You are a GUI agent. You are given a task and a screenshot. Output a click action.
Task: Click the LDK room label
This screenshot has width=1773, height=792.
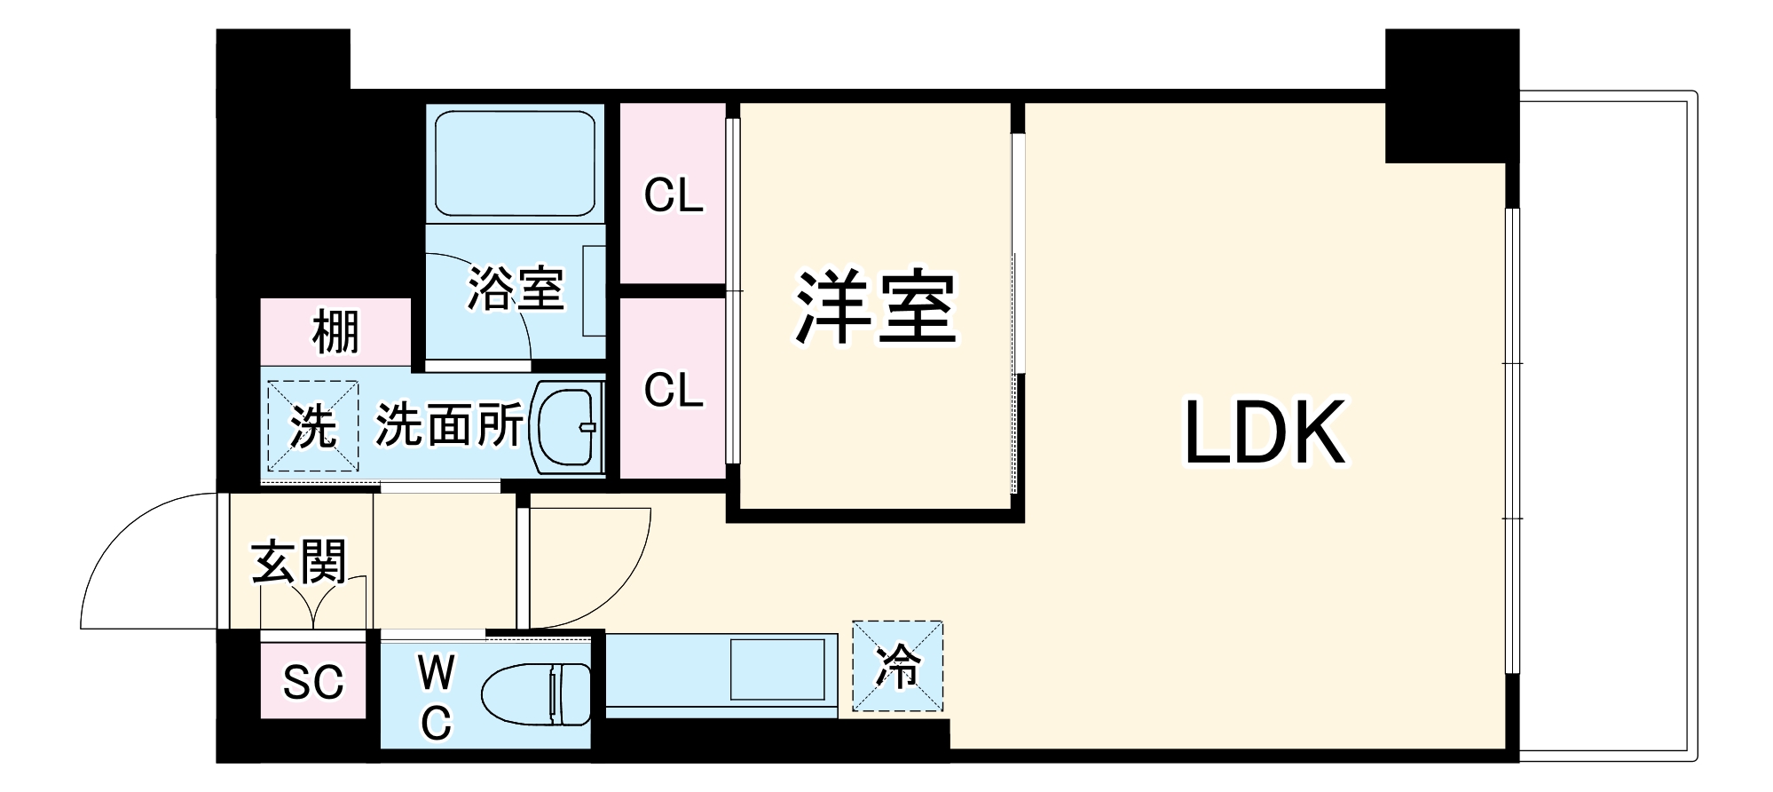pyautogui.click(x=1265, y=433)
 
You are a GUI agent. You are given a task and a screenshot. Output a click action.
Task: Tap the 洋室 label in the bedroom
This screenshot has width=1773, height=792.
pyautogui.click(x=875, y=307)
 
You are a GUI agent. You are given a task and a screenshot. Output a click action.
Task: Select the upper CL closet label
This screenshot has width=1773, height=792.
pyautogui.click(x=674, y=195)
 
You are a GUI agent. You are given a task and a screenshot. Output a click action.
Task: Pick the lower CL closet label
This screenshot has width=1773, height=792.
pyautogui.click(x=674, y=391)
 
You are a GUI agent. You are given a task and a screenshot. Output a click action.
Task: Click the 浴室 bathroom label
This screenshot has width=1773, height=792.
pyautogui.click(x=516, y=289)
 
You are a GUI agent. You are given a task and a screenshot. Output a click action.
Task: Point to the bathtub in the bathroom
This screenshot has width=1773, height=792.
pyautogui.click(x=515, y=162)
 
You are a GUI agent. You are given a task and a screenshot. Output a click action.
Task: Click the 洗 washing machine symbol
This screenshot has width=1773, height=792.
pyautogui.click(x=313, y=427)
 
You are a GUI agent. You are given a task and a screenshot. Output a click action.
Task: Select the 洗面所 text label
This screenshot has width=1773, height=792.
pyautogui.click(x=449, y=425)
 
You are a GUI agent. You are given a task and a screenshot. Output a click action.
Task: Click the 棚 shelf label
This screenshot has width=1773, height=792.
pyautogui.click(x=335, y=332)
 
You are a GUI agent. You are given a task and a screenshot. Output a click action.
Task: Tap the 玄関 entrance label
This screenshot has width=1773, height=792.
pyautogui.click(x=298, y=561)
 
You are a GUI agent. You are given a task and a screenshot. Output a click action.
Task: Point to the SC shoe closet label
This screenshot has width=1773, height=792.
pyautogui.click(x=313, y=682)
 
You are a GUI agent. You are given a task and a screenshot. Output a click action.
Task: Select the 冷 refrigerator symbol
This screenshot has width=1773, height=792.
pyautogui.click(x=897, y=666)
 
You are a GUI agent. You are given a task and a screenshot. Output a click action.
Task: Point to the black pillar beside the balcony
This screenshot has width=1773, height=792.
pyautogui.click(x=1451, y=96)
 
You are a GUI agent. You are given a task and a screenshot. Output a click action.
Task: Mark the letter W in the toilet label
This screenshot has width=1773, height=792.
pyautogui.click(x=437, y=672)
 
